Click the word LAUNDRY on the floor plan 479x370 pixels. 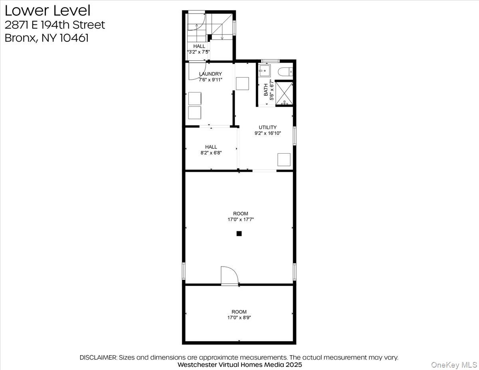tap(210, 74)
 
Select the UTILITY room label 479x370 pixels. tap(267, 127)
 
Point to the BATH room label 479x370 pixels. tap(266, 90)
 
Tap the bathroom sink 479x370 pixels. tap(264, 71)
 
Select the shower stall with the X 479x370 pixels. tap(284, 93)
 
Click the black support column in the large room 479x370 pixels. tap(239, 234)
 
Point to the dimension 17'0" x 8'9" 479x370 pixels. tap(239, 318)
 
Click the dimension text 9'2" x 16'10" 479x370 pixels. tap(267, 133)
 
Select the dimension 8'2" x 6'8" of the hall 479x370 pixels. tap(211, 152)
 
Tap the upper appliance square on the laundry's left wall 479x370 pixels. tap(195, 98)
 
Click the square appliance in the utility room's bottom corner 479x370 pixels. tap(284, 159)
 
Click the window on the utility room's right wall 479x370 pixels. tap(294, 136)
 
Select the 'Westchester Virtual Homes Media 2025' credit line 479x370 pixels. tap(239, 365)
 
